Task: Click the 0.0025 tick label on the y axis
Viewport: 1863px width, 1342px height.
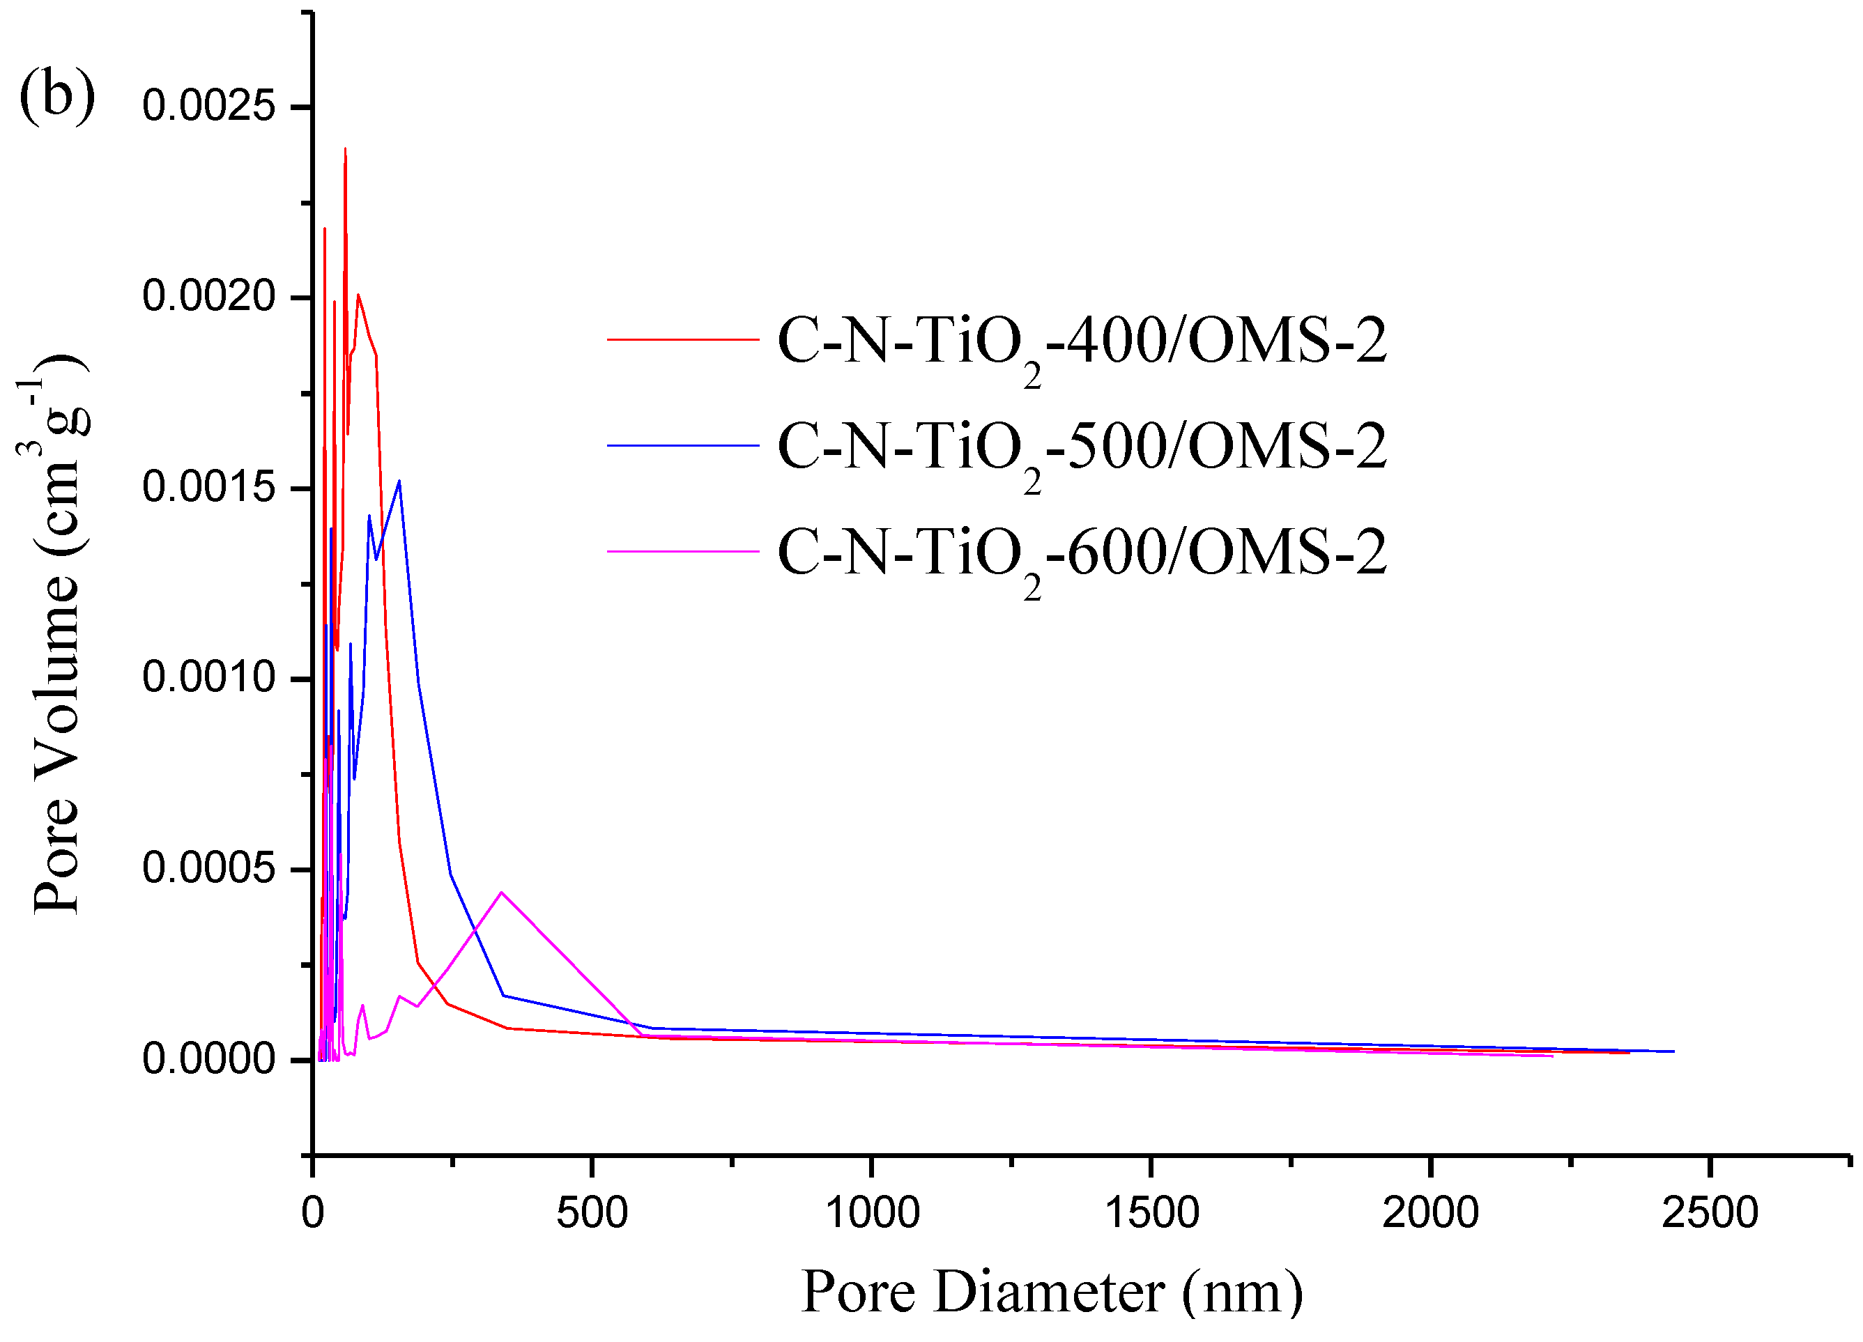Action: tap(208, 106)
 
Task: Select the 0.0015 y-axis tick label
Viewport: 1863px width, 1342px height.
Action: tap(208, 487)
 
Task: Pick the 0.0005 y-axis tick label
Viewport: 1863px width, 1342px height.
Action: tap(208, 868)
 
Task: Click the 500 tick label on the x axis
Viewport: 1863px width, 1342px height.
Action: tap(592, 1213)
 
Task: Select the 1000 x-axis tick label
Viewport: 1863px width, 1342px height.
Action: tap(871, 1213)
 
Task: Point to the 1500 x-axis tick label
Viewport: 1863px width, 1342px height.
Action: tap(1151, 1213)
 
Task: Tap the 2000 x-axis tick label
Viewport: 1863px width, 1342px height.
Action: tap(1430, 1213)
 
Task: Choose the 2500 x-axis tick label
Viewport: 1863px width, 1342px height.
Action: tap(1710, 1213)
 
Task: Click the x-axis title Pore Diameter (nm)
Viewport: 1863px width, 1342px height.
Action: tap(1052, 1293)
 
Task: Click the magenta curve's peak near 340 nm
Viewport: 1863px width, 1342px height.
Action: tap(501, 892)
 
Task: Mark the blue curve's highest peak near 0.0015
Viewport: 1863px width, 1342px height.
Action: tap(399, 481)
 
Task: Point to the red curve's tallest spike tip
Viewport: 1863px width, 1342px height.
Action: tap(345, 150)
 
